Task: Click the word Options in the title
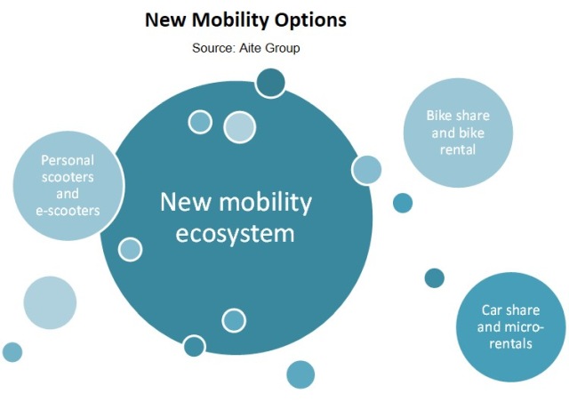point(310,20)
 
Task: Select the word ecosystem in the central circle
point(235,233)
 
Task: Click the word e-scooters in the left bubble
point(68,211)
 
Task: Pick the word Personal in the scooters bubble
point(68,160)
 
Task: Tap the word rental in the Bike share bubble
point(458,149)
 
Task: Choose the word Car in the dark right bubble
point(491,310)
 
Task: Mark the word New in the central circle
point(185,202)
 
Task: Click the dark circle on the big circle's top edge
point(270,83)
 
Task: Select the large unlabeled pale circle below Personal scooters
point(50,302)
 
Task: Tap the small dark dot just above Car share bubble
point(435,278)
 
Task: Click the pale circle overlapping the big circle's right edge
point(366,170)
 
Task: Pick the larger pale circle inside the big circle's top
point(239,127)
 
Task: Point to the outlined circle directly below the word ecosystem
point(234,320)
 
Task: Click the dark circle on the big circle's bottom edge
point(194,346)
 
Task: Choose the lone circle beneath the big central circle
point(301,374)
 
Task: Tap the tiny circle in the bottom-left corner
point(12,352)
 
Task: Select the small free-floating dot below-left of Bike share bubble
point(403,203)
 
